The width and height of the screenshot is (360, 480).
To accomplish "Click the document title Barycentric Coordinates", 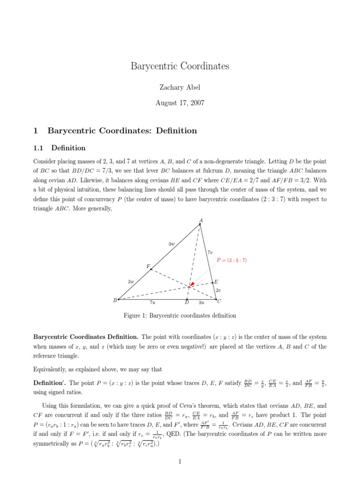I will pyautogui.click(x=180, y=66).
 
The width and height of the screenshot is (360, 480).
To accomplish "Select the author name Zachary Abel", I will pyautogui.click(x=180, y=88).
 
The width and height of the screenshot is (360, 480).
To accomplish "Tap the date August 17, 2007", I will pyautogui.click(x=180, y=103).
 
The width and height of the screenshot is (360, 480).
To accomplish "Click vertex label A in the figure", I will pyautogui.click(x=201, y=220).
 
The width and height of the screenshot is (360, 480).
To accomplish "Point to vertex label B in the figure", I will pyautogui.click(x=115, y=300).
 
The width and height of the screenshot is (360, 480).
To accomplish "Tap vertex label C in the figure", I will pyautogui.click(x=219, y=301).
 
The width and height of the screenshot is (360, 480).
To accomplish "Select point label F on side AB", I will pyautogui.click(x=148, y=266).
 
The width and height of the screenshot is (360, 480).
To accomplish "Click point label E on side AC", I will pyautogui.click(x=216, y=282).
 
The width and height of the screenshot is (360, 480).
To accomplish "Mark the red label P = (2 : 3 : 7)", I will pyautogui.click(x=232, y=260).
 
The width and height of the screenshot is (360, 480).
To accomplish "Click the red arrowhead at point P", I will pyautogui.click(x=191, y=285).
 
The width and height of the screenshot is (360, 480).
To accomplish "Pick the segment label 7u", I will pyautogui.click(x=152, y=303).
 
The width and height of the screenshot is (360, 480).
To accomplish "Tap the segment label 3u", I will pyautogui.click(x=202, y=303).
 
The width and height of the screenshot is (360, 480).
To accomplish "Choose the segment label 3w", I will pyautogui.click(x=171, y=244).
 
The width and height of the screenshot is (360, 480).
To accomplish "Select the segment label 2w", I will pyautogui.click(x=131, y=282).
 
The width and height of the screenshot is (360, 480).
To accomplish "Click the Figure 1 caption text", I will pyautogui.click(x=180, y=315).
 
